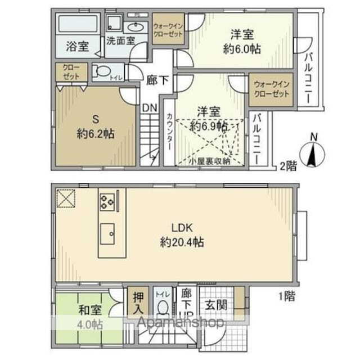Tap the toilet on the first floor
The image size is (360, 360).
[x=163, y=307]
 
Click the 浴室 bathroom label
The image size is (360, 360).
[x=76, y=46]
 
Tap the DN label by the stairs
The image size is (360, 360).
[x=149, y=106]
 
